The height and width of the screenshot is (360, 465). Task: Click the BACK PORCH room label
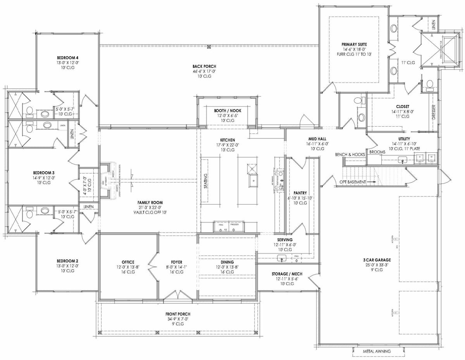(x=209, y=66)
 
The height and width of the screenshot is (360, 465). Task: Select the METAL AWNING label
(x=377, y=351)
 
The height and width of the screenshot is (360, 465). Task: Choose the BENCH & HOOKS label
(x=350, y=155)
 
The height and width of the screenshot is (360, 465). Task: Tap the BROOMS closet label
(x=377, y=152)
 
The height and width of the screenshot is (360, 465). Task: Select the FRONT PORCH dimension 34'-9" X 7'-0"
(x=176, y=319)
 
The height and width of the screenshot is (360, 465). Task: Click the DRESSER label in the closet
(x=434, y=112)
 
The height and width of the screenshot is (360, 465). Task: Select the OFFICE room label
(x=128, y=262)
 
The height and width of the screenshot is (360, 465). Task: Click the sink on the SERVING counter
(x=282, y=258)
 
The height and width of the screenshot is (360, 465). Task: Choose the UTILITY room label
(x=404, y=138)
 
